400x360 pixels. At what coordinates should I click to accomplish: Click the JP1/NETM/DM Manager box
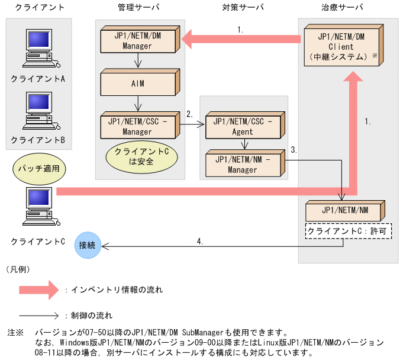(x=138, y=41)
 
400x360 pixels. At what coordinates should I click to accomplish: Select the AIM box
(x=137, y=83)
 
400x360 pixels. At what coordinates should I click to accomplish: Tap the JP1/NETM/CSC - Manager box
(x=137, y=127)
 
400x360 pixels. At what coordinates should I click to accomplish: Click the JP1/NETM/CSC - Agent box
(x=243, y=127)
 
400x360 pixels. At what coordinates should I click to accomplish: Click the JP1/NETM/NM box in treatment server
(x=344, y=211)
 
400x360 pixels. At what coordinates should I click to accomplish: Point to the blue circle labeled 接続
(x=88, y=243)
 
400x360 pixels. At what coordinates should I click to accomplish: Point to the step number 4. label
(x=200, y=240)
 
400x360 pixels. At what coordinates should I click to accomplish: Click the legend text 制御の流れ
(x=92, y=315)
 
